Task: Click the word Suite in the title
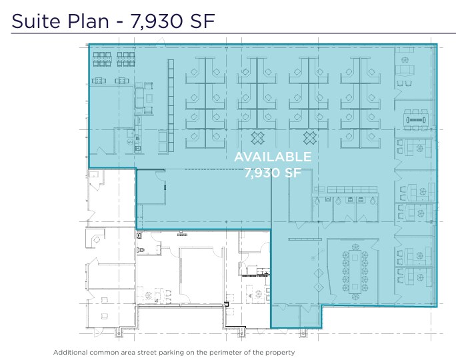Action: [35, 21]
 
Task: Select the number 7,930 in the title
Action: [157, 21]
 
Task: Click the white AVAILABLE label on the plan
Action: [273, 157]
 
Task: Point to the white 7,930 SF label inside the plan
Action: [273, 173]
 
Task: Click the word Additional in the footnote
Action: [70, 353]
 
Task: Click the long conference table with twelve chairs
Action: [355, 271]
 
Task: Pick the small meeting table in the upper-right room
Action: [416, 120]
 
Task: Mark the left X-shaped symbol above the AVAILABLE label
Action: [257, 138]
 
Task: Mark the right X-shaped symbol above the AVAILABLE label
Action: [310, 138]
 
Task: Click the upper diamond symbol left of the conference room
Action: [319, 273]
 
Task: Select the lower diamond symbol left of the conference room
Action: [319, 287]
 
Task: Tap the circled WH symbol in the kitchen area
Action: [130, 142]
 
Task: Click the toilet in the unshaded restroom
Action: [141, 250]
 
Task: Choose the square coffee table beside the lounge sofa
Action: [149, 98]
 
